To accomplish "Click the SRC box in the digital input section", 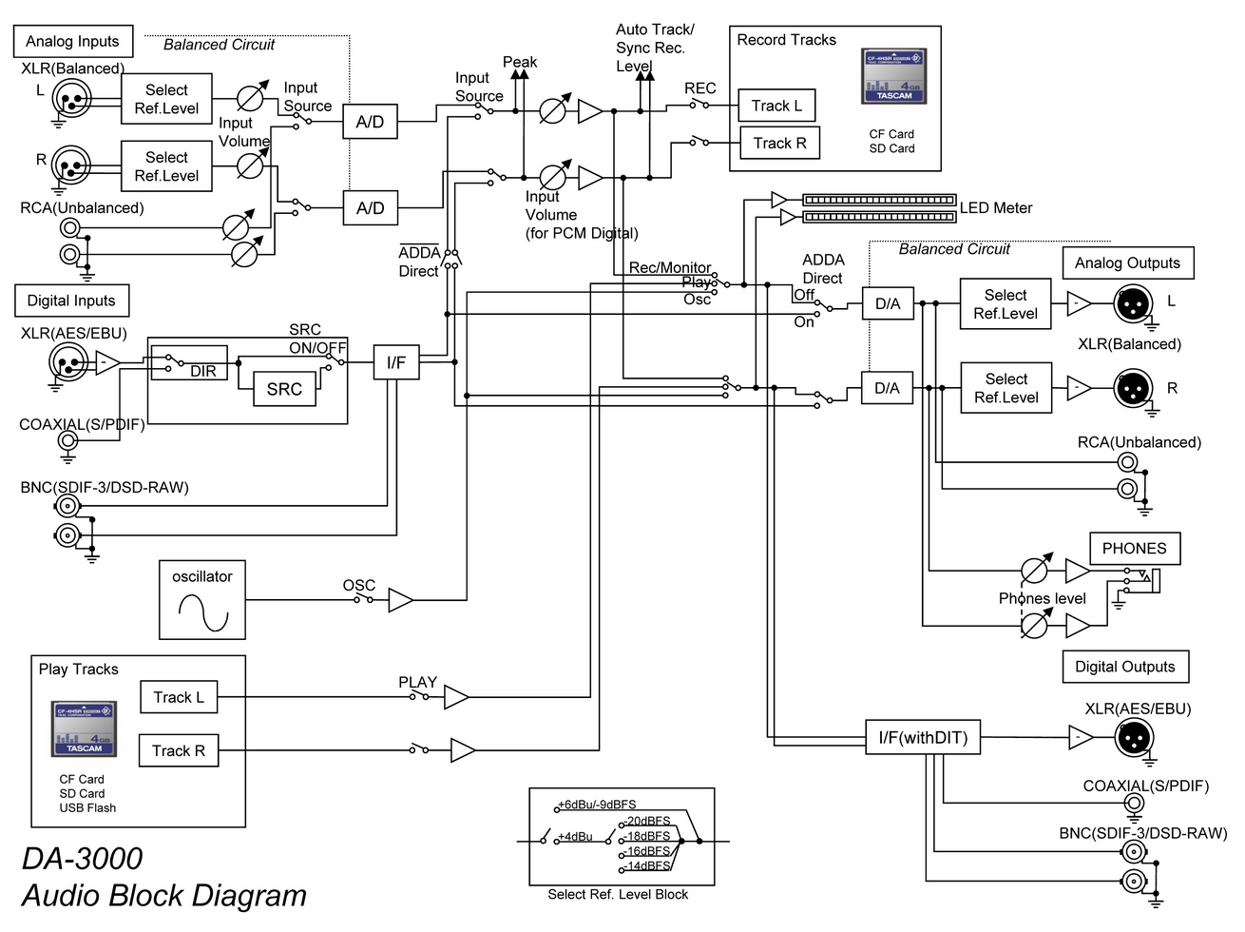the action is [x=284, y=389].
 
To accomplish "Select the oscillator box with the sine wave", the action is [x=201, y=600].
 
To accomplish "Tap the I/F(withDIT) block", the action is [x=923, y=737].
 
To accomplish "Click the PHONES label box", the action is [x=1135, y=549].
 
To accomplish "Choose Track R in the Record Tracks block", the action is [x=780, y=143].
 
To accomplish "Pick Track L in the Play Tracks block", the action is [x=179, y=697].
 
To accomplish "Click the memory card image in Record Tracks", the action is [x=894, y=76].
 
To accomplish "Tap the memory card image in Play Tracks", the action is [x=84, y=728].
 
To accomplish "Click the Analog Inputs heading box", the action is [x=73, y=41].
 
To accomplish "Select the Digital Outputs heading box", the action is [x=1125, y=667].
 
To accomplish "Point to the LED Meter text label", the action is [x=996, y=207].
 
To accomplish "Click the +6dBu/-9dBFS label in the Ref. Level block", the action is [x=597, y=805].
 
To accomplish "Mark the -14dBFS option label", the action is [x=647, y=865].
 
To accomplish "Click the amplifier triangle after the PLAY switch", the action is [x=456, y=697].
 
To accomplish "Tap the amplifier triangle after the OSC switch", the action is [x=400, y=600].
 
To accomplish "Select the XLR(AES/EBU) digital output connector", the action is [x=1134, y=738].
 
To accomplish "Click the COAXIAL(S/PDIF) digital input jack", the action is [x=68, y=440].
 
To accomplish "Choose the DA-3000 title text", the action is [x=83, y=858].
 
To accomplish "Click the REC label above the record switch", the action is [x=699, y=88].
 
